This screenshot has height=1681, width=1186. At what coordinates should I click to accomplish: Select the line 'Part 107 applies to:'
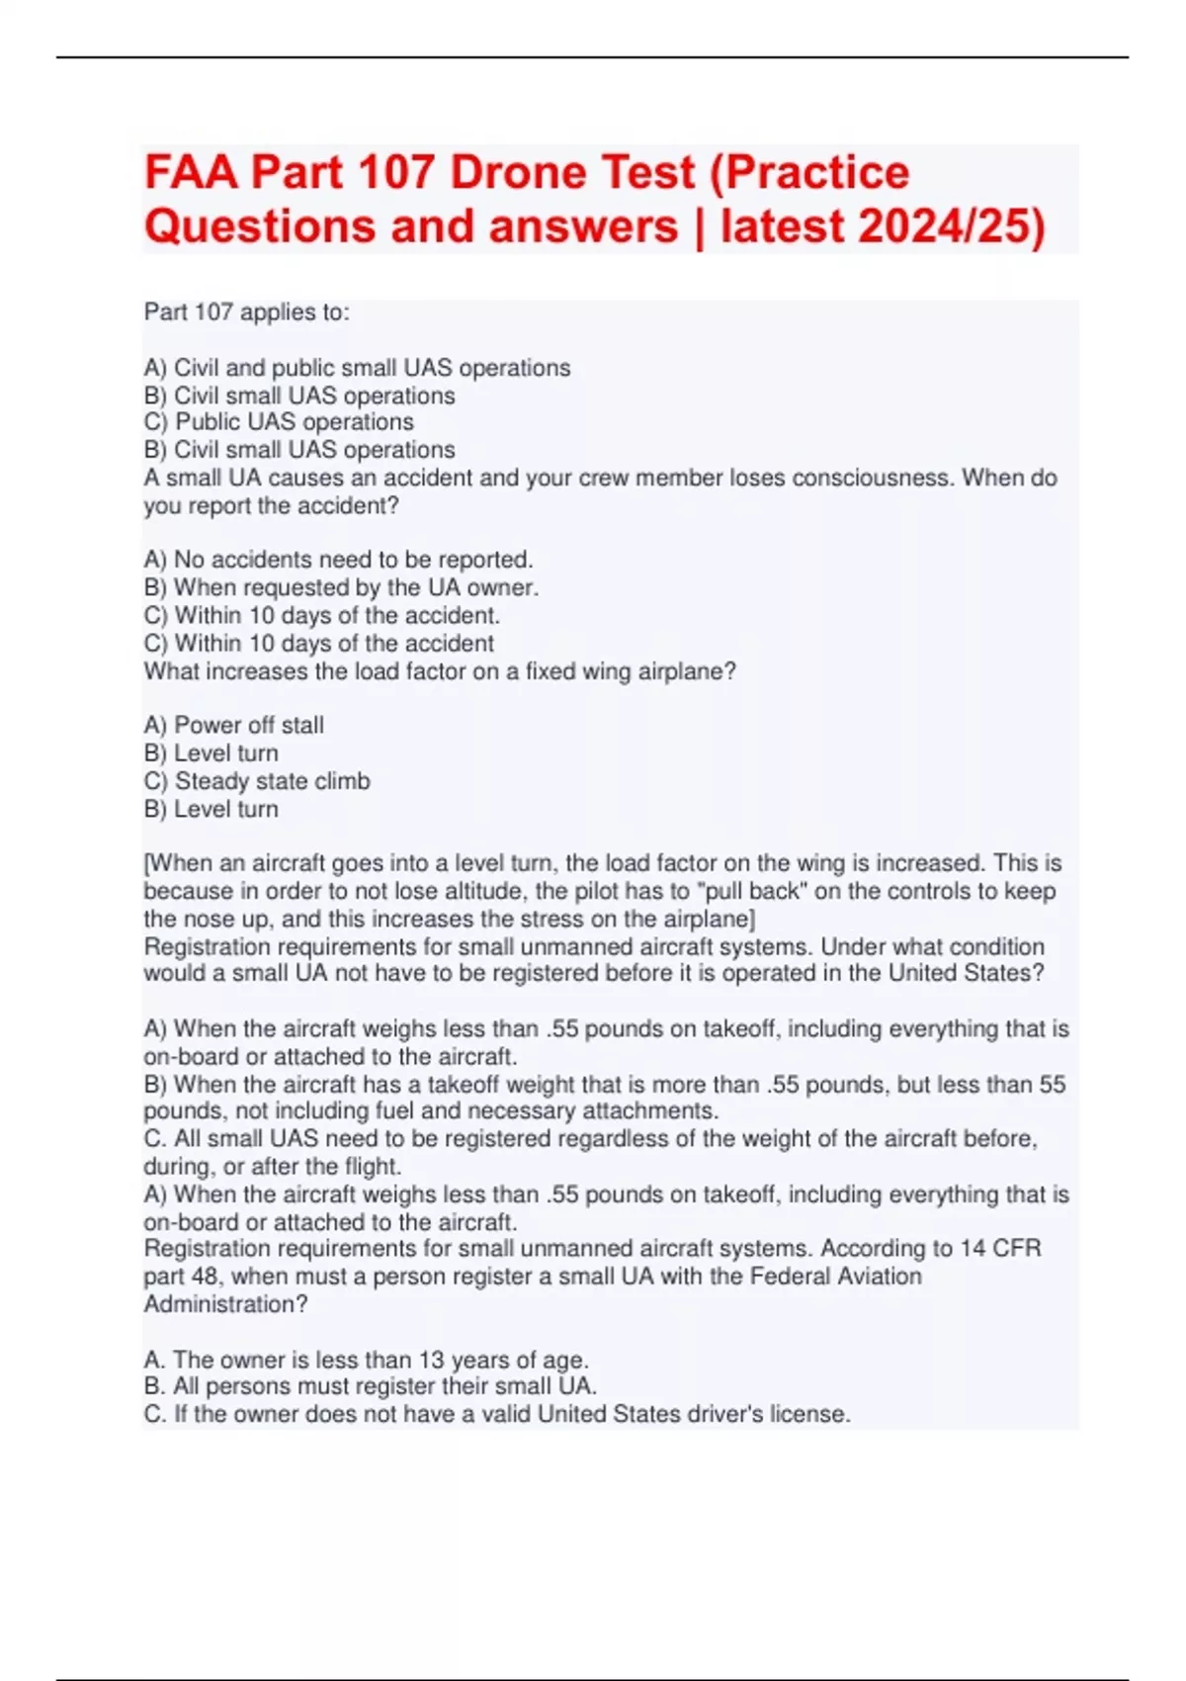point(246,312)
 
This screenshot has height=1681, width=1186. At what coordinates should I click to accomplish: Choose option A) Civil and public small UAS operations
point(357,368)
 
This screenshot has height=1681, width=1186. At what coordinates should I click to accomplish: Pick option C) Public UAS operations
point(279,422)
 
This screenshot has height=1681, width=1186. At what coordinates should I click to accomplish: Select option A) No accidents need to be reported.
point(338,560)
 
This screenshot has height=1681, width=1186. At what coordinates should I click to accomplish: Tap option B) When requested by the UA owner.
point(341,587)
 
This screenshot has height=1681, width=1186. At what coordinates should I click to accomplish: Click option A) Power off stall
point(233,725)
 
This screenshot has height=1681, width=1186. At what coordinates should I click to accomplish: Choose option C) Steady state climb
point(257,781)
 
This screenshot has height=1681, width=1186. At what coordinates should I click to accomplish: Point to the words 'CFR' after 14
point(1017,1248)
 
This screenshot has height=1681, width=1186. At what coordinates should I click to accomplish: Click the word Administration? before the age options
point(225,1304)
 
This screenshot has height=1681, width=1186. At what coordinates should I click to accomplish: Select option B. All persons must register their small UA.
point(370,1386)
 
